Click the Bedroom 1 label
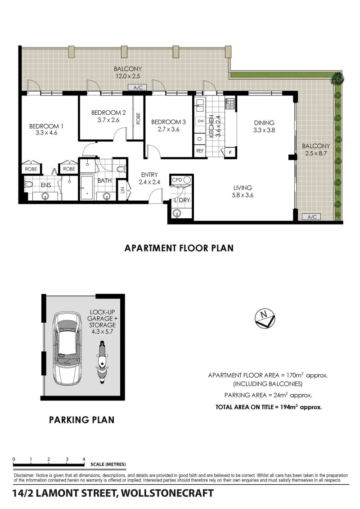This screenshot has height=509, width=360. (46, 126)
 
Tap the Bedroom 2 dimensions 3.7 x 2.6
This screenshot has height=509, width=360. (108, 120)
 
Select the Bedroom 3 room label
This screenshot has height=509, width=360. (168, 122)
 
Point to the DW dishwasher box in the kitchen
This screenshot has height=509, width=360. (200, 121)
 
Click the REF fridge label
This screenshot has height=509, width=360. (200, 151)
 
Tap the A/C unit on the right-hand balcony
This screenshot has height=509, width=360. (312, 217)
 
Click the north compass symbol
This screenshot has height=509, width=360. (265, 318)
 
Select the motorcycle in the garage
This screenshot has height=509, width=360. (102, 362)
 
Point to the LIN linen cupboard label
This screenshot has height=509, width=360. (123, 190)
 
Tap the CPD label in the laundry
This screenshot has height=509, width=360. (177, 180)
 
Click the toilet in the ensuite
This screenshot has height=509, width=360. (28, 185)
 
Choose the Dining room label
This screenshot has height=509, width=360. (264, 123)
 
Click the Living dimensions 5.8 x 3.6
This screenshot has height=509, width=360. (243, 195)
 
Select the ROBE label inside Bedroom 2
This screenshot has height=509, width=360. (138, 118)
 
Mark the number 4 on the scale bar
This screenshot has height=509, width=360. (84, 459)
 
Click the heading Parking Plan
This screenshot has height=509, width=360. (81, 420)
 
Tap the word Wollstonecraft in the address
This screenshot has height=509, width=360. (167, 493)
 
